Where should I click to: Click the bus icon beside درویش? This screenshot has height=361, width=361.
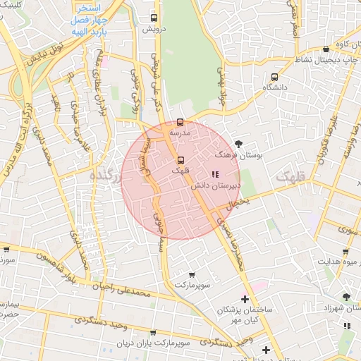click(x=155, y=18)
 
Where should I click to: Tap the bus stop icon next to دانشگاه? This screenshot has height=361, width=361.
click(x=274, y=77)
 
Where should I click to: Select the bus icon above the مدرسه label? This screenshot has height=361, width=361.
click(x=180, y=122)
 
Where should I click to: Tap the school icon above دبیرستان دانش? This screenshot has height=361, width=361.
click(x=215, y=174)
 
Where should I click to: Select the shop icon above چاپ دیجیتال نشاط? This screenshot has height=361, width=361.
click(x=326, y=49)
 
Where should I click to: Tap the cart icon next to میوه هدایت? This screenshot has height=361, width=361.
click(x=345, y=252)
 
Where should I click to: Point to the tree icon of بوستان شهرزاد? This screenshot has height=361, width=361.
click(x=345, y=298)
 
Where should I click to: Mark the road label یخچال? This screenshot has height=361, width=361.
click(x=233, y=206)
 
